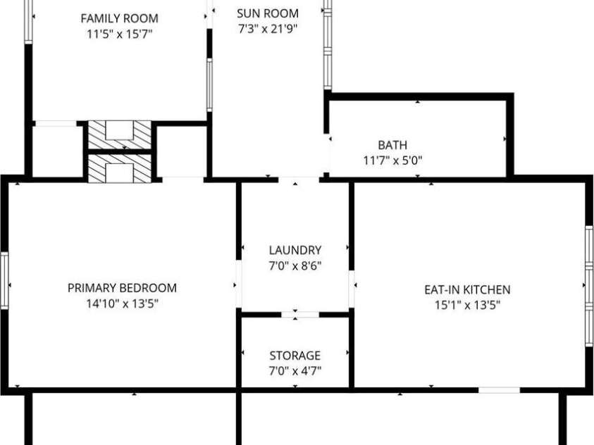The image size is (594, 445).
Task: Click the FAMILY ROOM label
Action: (x=119, y=18)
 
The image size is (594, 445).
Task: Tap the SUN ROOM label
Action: (x=268, y=13)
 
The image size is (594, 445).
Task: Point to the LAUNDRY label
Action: (x=295, y=250)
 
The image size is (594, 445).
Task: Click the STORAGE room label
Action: (x=295, y=356)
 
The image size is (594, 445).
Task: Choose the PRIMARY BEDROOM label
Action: (x=122, y=288)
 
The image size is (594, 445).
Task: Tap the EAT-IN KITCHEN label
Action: (x=467, y=289)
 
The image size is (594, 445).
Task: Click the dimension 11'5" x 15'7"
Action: (x=119, y=34)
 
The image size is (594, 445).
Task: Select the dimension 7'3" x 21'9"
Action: (x=268, y=29)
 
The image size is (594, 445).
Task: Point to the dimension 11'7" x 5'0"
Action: (x=392, y=161)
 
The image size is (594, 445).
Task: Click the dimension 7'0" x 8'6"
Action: (x=295, y=265)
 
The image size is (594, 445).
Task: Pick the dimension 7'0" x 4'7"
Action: (x=295, y=371)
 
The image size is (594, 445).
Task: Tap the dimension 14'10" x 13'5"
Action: (x=122, y=304)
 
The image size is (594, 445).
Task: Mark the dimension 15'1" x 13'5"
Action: (x=467, y=305)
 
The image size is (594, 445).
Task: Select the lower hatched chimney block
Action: (x=119, y=168)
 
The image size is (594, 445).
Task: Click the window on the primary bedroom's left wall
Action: (x=4, y=280)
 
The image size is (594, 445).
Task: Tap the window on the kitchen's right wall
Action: (x=589, y=285)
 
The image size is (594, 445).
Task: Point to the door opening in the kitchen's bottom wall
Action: (x=499, y=389)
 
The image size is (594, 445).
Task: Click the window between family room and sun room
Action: (x=209, y=84)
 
